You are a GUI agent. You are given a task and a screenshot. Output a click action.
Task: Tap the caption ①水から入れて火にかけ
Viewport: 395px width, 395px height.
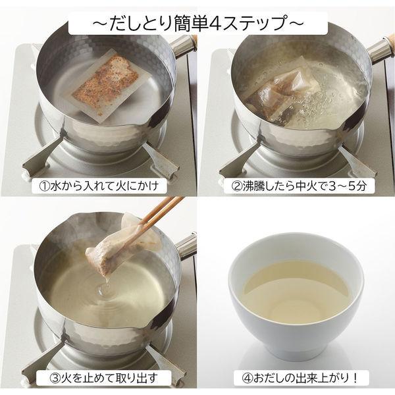tap(99, 186)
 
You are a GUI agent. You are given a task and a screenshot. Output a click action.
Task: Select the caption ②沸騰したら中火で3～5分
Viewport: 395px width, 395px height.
tap(298, 186)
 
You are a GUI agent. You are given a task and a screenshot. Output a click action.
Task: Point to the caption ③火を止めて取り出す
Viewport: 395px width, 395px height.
tap(103, 378)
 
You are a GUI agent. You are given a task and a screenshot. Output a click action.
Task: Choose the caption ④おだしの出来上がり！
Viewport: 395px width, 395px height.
tap(300, 378)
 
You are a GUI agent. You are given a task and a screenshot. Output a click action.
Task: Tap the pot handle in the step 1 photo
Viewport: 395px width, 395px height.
tap(183, 45)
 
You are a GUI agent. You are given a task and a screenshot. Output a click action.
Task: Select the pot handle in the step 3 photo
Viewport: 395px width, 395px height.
tap(186, 246)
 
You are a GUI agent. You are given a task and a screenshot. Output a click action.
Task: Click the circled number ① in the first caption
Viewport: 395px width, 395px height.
tap(45, 186)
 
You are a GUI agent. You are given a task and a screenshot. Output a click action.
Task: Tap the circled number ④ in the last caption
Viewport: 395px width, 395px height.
tap(247, 378)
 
